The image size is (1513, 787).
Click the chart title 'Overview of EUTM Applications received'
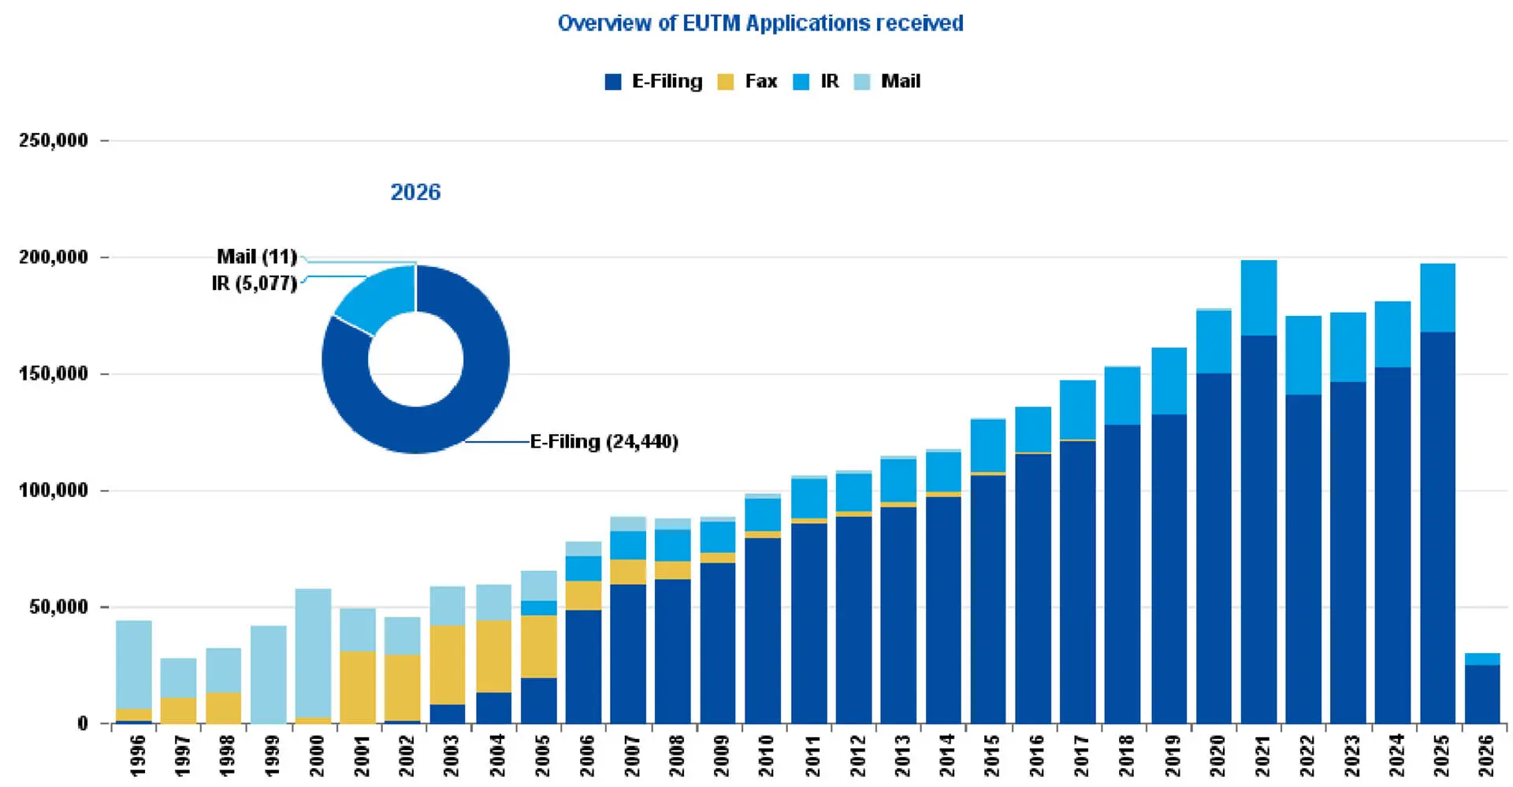pos(760,23)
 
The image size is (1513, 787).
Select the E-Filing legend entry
pos(653,81)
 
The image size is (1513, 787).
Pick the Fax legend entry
pos(748,81)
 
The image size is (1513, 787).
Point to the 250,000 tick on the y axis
pos(54,141)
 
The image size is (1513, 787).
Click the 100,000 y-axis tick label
pos(54,491)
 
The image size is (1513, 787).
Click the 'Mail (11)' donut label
pos(257,257)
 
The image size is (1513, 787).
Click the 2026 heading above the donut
pos(415,192)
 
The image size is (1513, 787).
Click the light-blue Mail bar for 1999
pos(268,674)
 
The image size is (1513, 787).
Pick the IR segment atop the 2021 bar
pos(1258,298)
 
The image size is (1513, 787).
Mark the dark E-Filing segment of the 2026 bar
pos(1482,694)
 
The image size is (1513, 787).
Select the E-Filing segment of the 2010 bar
pos(763,630)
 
